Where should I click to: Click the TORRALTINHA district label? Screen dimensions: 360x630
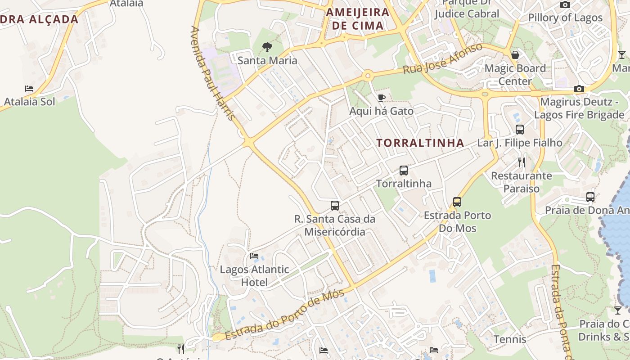(x=420, y=143)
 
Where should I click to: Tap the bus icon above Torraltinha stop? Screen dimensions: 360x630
(x=404, y=171)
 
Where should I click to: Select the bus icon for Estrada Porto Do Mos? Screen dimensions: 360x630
(x=457, y=202)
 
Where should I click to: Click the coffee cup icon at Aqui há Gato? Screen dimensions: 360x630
(x=382, y=98)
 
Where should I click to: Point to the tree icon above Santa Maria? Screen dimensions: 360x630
(x=267, y=47)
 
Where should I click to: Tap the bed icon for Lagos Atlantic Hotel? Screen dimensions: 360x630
(x=254, y=256)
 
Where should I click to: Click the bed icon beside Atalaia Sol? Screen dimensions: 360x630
(x=29, y=89)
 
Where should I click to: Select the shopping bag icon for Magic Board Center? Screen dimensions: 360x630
(x=515, y=55)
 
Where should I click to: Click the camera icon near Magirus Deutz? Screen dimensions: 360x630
(x=579, y=89)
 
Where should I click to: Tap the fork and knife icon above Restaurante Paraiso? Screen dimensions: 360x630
(x=522, y=162)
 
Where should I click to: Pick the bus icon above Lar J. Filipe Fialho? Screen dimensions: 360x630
(x=520, y=130)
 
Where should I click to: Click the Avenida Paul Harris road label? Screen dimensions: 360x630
(x=213, y=73)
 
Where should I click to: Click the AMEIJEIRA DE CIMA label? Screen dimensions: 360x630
(x=357, y=18)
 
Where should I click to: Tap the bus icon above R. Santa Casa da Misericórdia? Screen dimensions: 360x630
(x=335, y=206)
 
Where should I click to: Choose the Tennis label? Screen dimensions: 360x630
(x=510, y=339)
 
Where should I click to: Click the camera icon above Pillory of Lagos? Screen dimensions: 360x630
(x=565, y=5)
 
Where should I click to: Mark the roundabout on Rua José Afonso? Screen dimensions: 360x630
(x=368, y=76)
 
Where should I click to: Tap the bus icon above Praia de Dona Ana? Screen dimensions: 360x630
(x=590, y=197)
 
